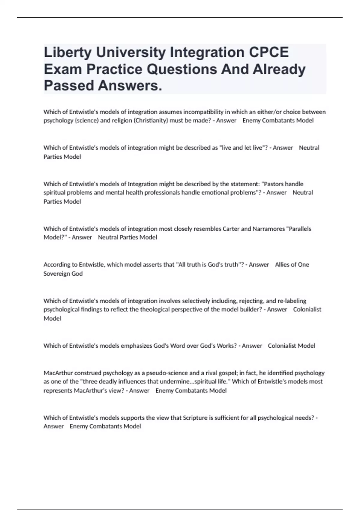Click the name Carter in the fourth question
coord(231,229)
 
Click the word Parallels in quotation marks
coord(299,229)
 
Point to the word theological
coord(155,310)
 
